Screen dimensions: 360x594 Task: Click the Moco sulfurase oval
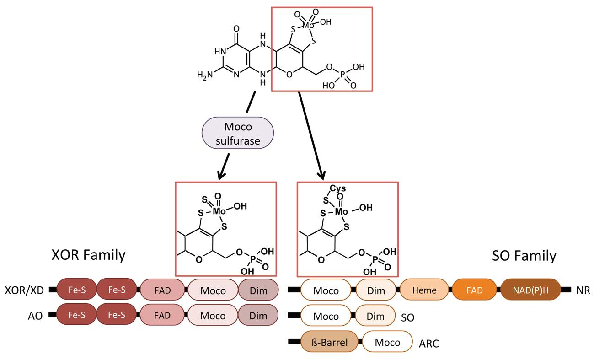(237, 134)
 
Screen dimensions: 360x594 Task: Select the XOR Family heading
(88, 255)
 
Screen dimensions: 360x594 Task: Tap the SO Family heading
(524, 255)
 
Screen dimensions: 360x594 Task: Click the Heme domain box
(424, 290)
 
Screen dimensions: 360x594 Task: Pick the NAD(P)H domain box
(530, 290)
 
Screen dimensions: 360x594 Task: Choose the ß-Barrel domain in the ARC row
(329, 342)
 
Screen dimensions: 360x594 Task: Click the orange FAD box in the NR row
(474, 290)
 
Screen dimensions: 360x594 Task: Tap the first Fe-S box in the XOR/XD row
(76, 290)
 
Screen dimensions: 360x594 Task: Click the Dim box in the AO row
(258, 316)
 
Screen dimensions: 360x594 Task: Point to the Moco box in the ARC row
(387, 342)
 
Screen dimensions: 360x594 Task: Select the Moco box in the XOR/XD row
(213, 290)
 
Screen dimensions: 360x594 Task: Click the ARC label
(428, 343)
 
